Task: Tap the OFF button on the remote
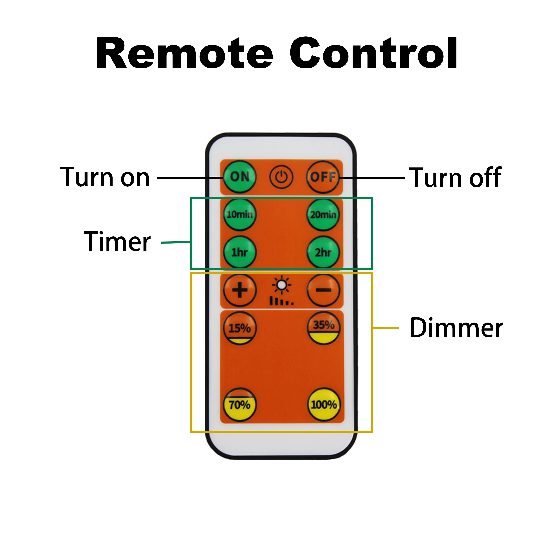pos(323,177)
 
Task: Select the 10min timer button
pos(240,214)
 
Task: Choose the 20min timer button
pos(323,214)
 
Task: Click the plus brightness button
pos(240,290)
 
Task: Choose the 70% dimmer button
pos(240,404)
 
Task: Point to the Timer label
pos(117,242)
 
